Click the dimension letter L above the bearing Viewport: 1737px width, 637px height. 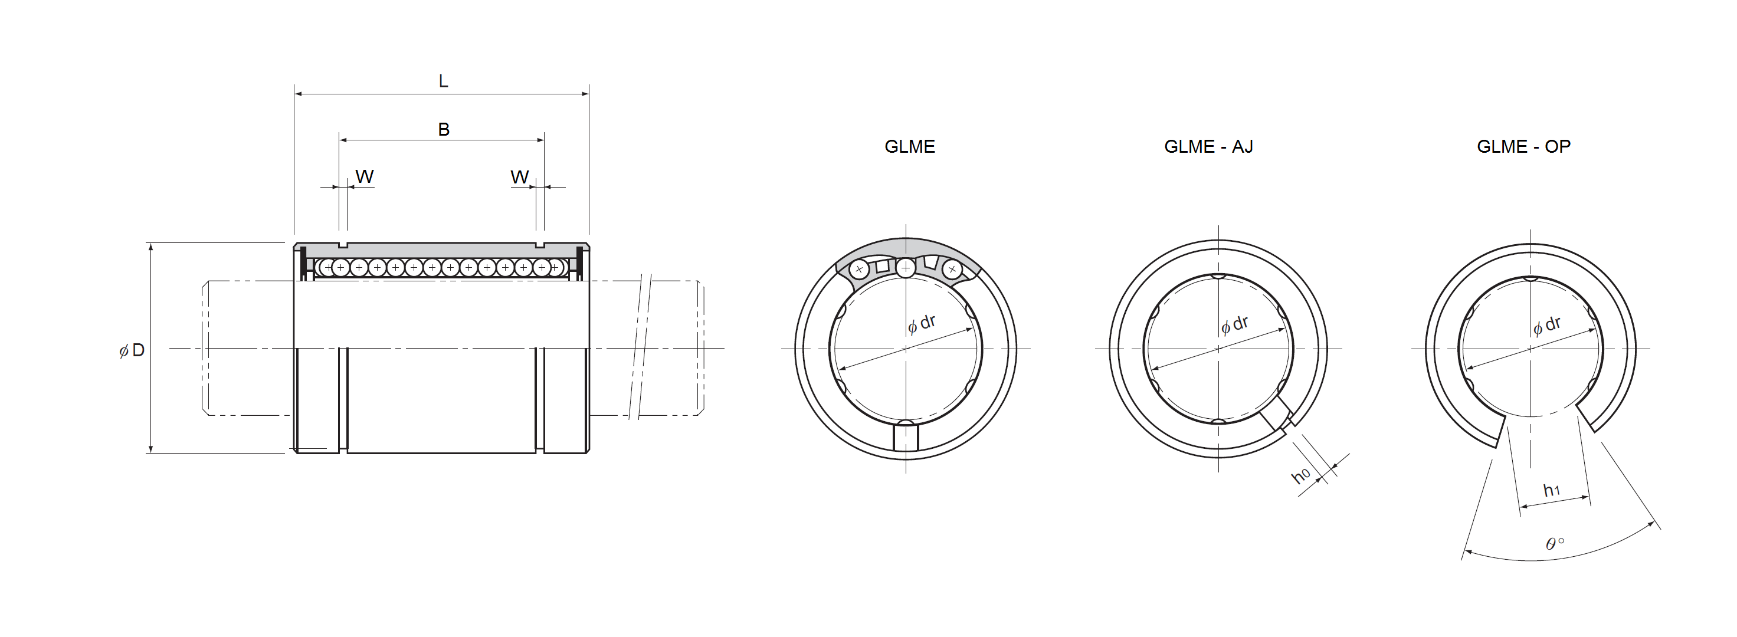443,81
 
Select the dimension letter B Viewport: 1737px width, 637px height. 444,129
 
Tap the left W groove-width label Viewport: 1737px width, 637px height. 364,176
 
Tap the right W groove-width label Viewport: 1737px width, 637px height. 519,178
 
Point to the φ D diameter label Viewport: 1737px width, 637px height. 132,350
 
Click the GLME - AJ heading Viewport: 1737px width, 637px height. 1208,146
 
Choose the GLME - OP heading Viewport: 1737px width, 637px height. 1523,146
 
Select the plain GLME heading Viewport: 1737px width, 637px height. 910,146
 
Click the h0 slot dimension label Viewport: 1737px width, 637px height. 1301,475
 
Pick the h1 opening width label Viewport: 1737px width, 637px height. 1552,490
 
